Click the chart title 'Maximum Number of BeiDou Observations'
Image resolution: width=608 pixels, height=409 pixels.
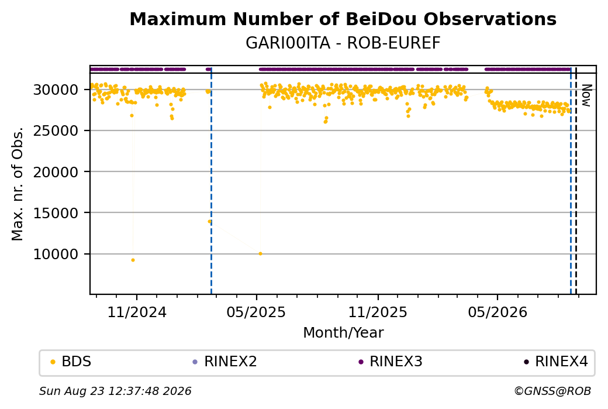click(x=343, y=19)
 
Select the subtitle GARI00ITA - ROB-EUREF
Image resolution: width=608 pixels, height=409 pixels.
click(x=343, y=43)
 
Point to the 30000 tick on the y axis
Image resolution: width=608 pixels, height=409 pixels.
click(x=56, y=90)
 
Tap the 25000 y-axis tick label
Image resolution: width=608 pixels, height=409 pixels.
click(x=56, y=130)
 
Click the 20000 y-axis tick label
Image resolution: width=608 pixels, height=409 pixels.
click(x=56, y=172)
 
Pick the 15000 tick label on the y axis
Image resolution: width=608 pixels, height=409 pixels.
click(x=56, y=213)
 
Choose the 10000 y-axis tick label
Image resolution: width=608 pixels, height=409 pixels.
click(x=56, y=254)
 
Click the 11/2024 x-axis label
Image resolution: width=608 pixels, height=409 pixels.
click(x=136, y=312)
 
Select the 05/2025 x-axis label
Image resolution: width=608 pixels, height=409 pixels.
click(x=256, y=312)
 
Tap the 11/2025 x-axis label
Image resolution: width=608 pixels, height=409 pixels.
click(x=378, y=312)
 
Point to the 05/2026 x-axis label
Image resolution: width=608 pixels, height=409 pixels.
click(x=498, y=312)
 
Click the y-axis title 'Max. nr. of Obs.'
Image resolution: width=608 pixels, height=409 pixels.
click(x=18, y=184)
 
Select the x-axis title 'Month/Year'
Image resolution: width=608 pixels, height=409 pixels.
click(x=343, y=332)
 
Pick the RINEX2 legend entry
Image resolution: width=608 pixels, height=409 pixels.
click(x=225, y=362)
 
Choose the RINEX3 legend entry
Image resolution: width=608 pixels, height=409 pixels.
click(x=391, y=362)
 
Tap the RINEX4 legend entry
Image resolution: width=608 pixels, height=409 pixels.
click(x=556, y=362)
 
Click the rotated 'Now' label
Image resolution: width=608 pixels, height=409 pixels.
click(x=586, y=95)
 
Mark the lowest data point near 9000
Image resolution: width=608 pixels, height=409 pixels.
click(x=133, y=260)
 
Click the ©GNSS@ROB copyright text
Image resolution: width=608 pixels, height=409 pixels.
click(x=552, y=391)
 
